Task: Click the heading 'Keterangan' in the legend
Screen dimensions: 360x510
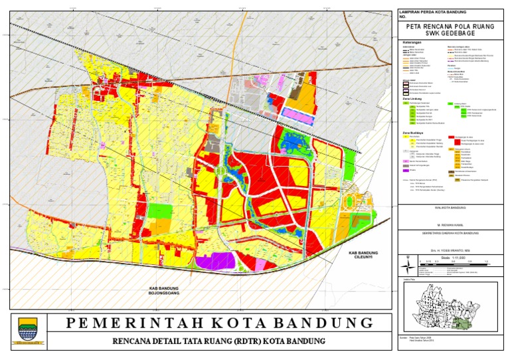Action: pyautogui.click(x=412, y=42)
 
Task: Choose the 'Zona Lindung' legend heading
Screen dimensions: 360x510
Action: pyautogui.click(x=413, y=98)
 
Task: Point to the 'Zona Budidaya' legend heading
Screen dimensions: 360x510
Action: pyautogui.click(x=414, y=133)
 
